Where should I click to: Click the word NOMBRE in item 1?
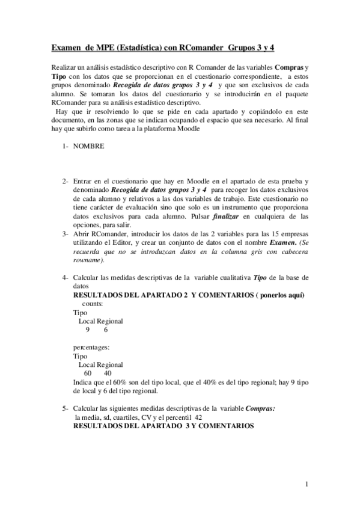[x=88, y=146]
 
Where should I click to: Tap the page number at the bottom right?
[x=307, y=485]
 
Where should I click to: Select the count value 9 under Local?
[x=88, y=330]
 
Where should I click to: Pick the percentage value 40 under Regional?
[x=108, y=373]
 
